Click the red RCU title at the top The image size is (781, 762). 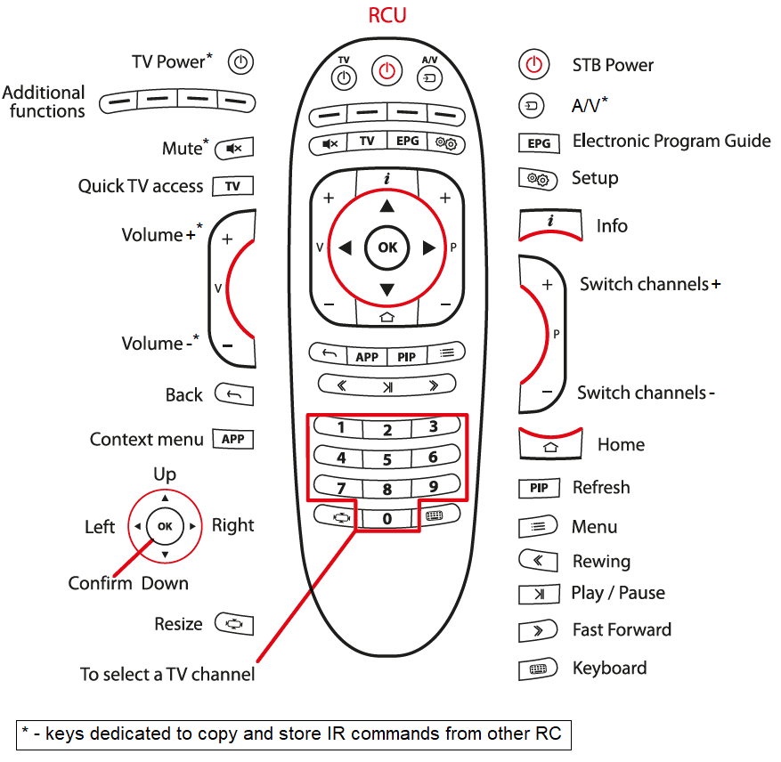[387, 16]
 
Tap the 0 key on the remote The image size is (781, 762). [387, 518]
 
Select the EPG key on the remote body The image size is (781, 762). [406, 142]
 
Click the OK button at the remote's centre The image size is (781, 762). [387, 247]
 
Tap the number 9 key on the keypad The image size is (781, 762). [434, 487]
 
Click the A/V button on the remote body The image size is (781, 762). [430, 75]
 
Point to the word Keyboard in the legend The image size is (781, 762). [609, 668]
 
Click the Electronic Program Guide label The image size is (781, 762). [671, 141]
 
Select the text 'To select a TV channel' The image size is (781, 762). [167, 674]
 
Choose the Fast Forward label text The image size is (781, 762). [622, 629]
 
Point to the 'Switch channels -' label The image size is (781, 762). [646, 393]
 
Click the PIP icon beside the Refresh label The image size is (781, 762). [539, 488]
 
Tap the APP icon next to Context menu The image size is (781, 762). [233, 439]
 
